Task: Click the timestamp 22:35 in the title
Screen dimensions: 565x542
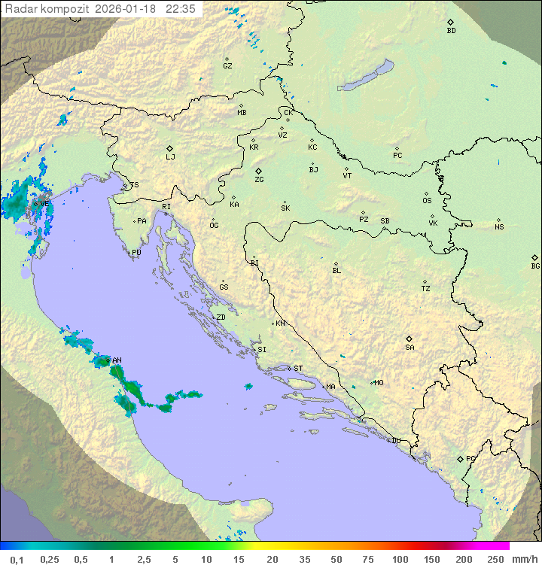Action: click(181, 8)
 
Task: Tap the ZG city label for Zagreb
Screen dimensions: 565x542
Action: click(259, 180)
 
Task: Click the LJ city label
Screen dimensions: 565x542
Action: click(170, 157)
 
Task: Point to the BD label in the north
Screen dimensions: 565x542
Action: click(451, 31)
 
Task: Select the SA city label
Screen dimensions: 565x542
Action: click(410, 348)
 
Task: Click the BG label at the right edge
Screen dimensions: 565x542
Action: click(535, 266)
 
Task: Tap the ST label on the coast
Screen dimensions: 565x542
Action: click(298, 369)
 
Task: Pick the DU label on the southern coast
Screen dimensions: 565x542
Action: click(395, 441)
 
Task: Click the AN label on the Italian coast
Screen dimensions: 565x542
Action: click(117, 360)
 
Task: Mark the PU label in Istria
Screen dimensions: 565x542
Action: click(136, 253)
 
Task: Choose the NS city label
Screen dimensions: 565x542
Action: click(499, 227)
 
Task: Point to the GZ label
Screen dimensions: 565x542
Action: click(227, 66)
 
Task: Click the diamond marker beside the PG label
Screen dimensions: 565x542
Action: click(460, 459)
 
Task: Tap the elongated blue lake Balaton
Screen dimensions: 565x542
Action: click(365, 76)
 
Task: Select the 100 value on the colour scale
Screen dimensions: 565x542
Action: click(400, 559)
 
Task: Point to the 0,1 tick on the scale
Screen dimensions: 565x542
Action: click(17, 559)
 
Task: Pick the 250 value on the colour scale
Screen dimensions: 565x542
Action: click(495, 559)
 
